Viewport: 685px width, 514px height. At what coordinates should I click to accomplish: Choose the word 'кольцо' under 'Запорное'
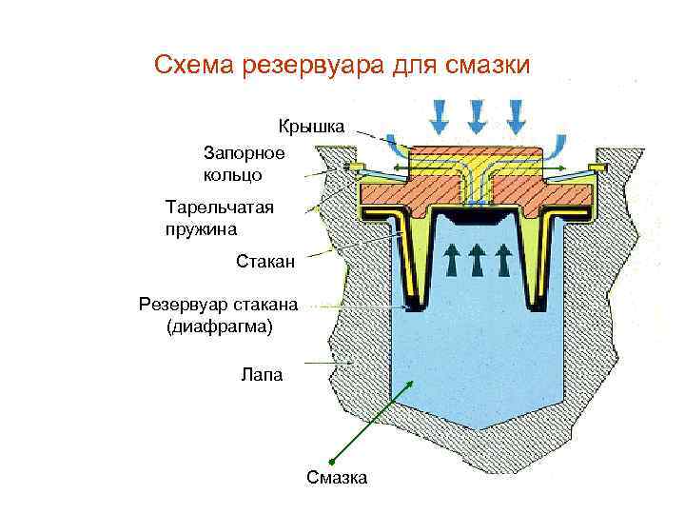(x=232, y=174)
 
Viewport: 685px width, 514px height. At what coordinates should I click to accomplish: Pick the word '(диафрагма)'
(x=219, y=326)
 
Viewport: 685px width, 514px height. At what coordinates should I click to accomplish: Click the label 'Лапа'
(x=263, y=375)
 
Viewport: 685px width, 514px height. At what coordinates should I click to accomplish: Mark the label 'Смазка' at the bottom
(x=337, y=477)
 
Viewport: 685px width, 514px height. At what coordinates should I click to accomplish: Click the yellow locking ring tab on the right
(x=597, y=168)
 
